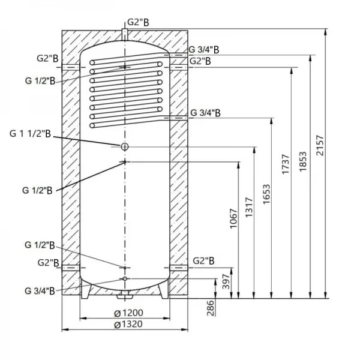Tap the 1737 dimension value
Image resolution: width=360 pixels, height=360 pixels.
click(286, 164)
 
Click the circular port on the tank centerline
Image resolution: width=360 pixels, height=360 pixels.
click(124, 147)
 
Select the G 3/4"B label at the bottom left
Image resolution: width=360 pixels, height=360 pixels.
click(40, 290)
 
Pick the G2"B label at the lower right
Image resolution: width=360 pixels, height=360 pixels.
click(204, 261)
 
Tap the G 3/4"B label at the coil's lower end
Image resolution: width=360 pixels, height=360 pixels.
click(205, 112)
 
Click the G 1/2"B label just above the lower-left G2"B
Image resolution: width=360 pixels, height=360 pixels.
click(40, 245)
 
